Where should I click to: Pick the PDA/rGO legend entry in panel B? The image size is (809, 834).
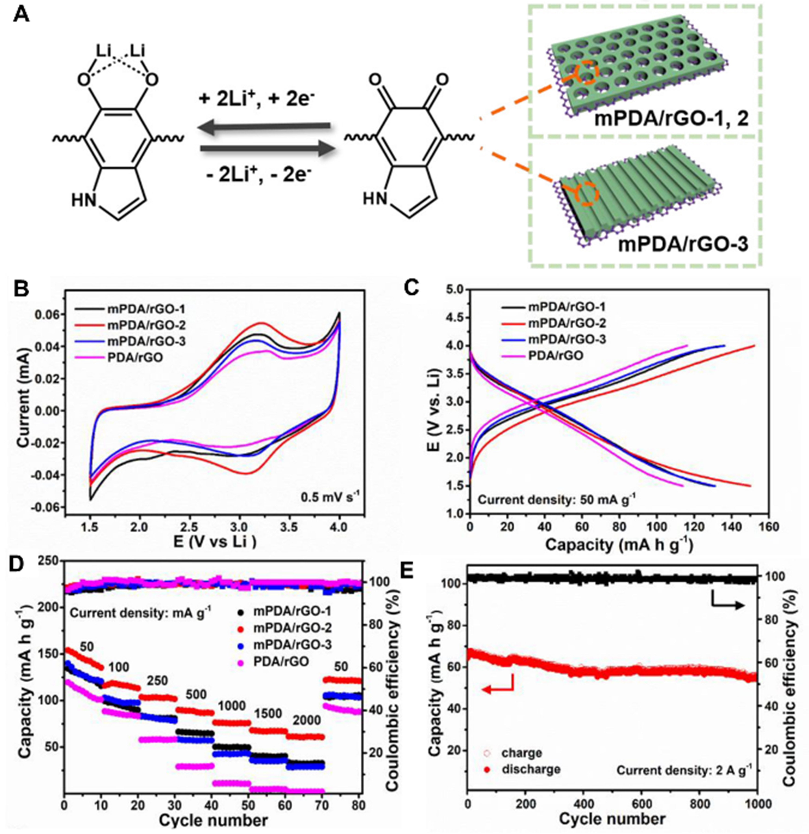(x=128, y=355)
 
